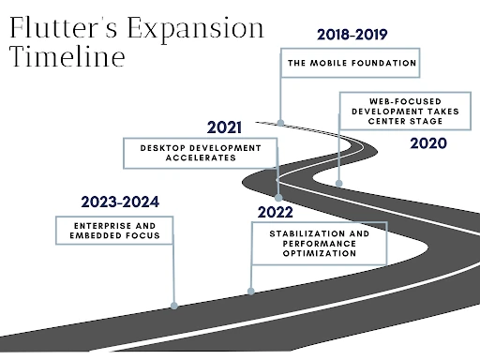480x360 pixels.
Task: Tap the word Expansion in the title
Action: tap(198, 27)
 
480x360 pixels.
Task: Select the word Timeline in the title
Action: tap(67, 57)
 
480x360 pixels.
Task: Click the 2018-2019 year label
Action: tap(352, 35)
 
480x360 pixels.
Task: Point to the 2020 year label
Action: tap(428, 143)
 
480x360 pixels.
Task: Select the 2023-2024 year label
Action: tap(120, 202)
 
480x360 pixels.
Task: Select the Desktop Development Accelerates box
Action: tap(199, 153)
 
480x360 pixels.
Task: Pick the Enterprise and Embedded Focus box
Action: tap(114, 231)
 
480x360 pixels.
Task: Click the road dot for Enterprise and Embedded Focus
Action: tap(174, 304)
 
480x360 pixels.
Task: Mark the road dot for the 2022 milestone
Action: tap(250, 290)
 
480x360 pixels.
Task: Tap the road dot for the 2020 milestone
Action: tap(338, 183)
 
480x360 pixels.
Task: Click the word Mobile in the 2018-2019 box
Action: tap(342, 64)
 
